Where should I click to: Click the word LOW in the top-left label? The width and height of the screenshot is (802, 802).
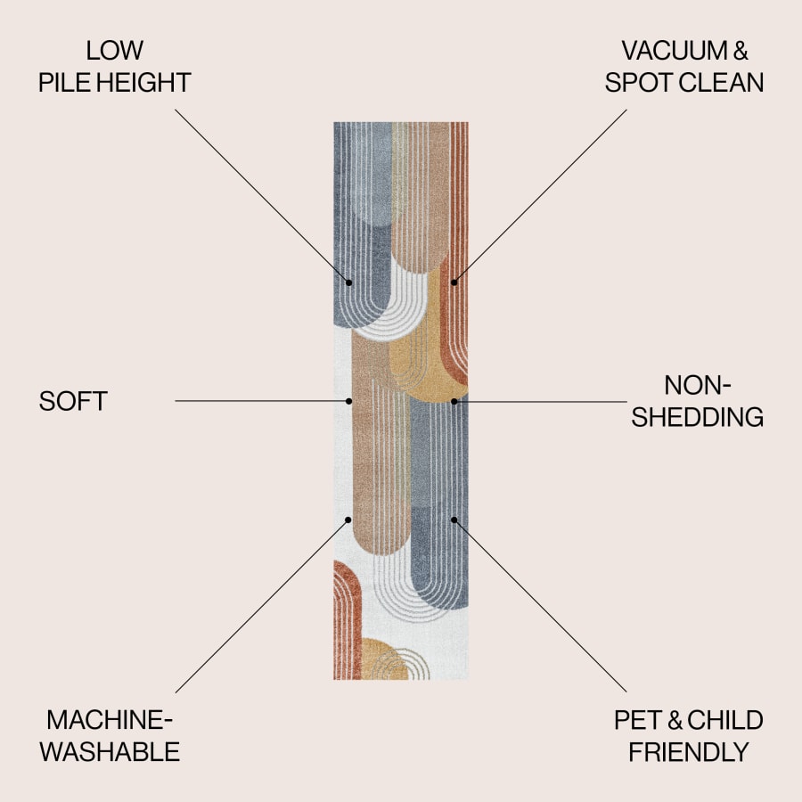[115, 50]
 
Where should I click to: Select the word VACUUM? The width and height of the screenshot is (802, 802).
[675, 50]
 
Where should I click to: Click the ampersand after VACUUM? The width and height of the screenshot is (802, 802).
[741, 51]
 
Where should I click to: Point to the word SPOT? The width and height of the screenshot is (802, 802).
[639, 82]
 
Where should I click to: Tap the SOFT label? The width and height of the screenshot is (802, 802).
[73, 401]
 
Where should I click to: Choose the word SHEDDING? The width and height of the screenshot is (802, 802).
[697, 417]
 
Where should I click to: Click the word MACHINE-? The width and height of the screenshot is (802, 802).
[110, 720]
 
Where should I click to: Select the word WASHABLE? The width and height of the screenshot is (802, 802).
[110, 752]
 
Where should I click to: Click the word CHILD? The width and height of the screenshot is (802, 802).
[725, 720]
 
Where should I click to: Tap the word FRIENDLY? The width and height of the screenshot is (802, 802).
[689, 752]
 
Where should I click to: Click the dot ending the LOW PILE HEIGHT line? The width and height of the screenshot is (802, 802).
[348, 282]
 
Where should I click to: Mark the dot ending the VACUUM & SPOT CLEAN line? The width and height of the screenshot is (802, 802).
[454, 282]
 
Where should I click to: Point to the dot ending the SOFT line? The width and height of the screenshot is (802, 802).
[348, 401]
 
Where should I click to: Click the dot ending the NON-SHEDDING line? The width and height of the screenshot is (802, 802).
[454, 402]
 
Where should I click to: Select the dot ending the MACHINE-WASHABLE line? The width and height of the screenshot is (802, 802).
[348, 520]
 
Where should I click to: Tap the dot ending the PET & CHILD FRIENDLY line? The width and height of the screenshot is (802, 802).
[454, 520]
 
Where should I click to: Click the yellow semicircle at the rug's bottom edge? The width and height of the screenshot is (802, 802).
[385, 659]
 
